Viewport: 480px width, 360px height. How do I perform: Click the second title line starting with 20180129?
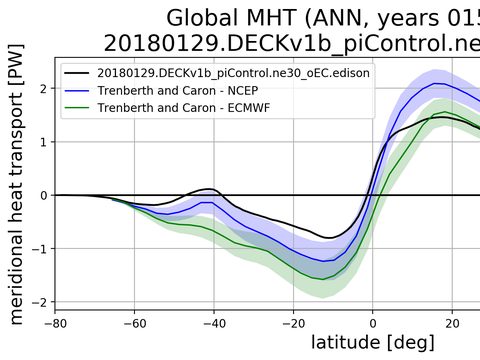click(291, 44)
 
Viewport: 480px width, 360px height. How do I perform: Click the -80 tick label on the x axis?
click(55, 323)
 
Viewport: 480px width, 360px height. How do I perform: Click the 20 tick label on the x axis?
click(452, 323)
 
